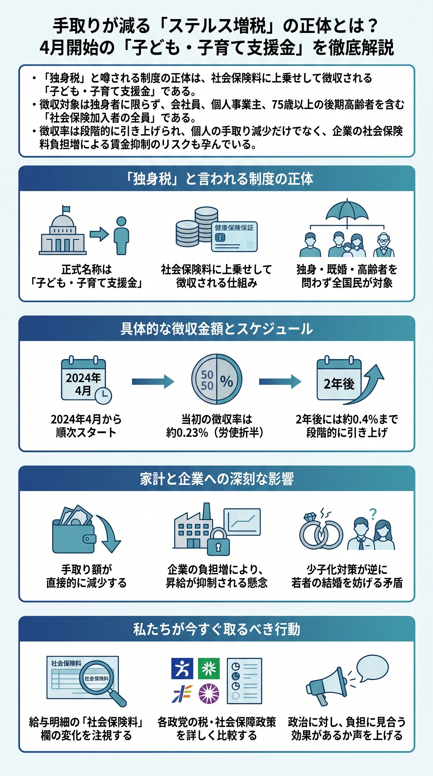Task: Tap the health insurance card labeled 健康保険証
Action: (x=234, y=237)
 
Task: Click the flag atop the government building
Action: (x=66, y=209)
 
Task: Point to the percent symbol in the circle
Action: (x=226, y=381)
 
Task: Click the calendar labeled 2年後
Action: (x=339, y=380)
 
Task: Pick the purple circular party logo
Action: (x=209, y=693)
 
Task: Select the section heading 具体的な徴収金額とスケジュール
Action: (x=216, y=329)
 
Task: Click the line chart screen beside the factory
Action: (x=242, y=522)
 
